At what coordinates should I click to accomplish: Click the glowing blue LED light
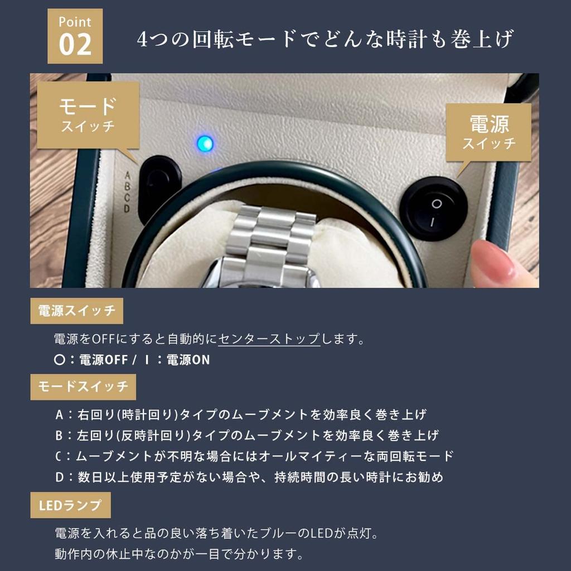pyautogui.click(x=205, y=144)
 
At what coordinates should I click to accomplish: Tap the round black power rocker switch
pyautogui.click(x=433, y=209)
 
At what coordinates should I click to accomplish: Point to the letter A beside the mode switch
pyautogui.click(x=127, y=173)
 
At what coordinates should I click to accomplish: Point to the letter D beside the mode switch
pyautogui.click(x=127, y=209)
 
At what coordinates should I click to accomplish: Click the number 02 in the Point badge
pyautogui.click(x=75, y=45)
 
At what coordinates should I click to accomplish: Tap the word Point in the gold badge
pyautogui.click(x=75, y=22)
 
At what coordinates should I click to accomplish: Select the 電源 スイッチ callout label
pyautogui.click(x=488, y=133)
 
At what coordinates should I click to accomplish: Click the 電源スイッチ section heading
pyautogui.click(x=76, y=311)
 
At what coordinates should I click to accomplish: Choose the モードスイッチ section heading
pyautogui.click(x=83, y=386)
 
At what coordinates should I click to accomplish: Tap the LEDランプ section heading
pyautogui.click(x=70, y=505)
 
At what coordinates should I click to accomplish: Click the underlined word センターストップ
pyautogui.click(x=269, y=339)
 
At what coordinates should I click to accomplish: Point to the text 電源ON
pyautogui.click(x=188, y=360)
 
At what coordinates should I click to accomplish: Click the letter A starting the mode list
pyautogui.click(x=59, y=415)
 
